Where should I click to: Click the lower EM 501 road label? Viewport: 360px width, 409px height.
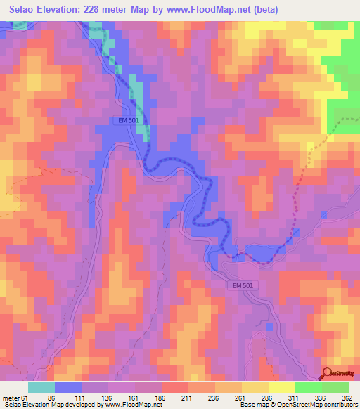pos(243,285)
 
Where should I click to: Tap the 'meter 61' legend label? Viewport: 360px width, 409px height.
pos(13,397)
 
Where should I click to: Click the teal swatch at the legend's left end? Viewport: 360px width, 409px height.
pos(41,387)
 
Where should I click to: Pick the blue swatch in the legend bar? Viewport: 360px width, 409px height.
pos(68,387)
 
